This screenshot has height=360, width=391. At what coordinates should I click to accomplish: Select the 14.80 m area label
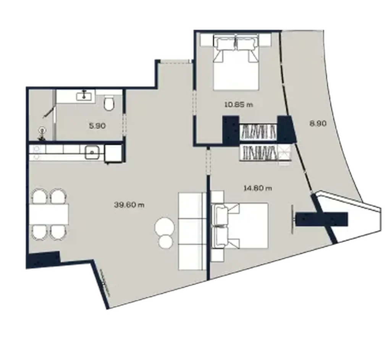pyautogui.click(x=257, y=187)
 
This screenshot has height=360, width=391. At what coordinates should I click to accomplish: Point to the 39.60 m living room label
pyautogui.click(x=129, y=205)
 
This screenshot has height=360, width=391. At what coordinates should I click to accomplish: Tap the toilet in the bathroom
pyautogui.click(x=109, y=103)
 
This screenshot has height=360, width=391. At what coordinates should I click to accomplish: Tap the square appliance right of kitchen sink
pyautogui.click(x=113, y=153)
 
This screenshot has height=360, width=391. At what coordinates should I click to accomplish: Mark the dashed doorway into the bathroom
pyautogui.click(x=123, y=122)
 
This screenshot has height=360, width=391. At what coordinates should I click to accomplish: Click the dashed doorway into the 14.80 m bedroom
pyautogui.click(x=208, y=162)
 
